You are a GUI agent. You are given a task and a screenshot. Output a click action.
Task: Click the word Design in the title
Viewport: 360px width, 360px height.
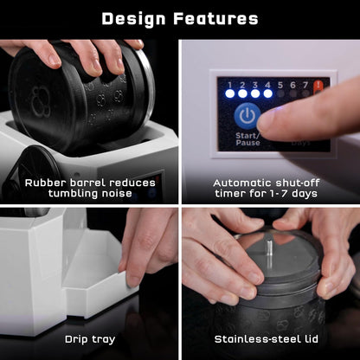pos(134,20)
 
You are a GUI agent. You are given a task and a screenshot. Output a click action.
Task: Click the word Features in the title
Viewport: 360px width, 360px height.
pos(215,19)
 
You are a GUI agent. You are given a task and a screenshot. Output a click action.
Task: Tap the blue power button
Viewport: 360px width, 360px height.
pos(247,116)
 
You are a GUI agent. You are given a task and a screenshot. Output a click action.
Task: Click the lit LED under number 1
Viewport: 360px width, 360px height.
pos(230,93)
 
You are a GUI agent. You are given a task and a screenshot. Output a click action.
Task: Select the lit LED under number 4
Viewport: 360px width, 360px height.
pos(267,93)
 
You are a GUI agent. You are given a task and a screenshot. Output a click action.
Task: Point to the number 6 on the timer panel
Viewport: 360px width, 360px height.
pos(292,85)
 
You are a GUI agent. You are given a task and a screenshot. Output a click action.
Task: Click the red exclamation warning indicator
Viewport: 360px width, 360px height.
pos(318,86)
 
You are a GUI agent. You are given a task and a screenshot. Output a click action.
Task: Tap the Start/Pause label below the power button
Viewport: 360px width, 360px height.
pos(247,139)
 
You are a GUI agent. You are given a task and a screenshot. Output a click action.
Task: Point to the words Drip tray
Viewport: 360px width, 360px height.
pos(90,340)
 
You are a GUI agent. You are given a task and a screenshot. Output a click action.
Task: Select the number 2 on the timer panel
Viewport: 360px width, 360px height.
pos(242,85)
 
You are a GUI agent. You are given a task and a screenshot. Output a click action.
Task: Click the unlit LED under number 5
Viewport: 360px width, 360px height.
pos(280,93)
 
